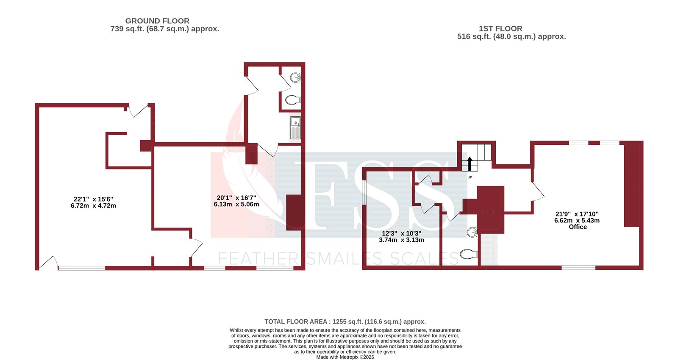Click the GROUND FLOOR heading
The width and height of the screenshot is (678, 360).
pos(157,21)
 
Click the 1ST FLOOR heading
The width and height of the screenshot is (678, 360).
pos(500,28)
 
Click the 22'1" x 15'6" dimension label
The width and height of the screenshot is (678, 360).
pos(93,202)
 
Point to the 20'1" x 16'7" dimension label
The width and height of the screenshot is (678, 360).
pos(236,201)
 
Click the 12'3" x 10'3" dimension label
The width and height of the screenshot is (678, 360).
pos(401,236)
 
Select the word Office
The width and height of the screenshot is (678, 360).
pos(578,227)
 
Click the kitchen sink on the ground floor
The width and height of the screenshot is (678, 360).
pos(295,127)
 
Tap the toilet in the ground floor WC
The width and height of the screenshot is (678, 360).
pos(292,100)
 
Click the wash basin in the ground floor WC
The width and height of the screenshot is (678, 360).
pos(295,77)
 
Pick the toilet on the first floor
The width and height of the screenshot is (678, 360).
pos(468,254)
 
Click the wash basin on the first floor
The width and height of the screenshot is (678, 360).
pos(472,232)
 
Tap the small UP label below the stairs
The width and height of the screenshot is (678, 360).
pos(470,177)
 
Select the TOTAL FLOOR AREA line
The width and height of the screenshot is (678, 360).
pos(345,321)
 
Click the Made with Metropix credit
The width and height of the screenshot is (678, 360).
pos(345,357)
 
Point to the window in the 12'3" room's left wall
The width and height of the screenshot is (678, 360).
pos(364,193)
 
